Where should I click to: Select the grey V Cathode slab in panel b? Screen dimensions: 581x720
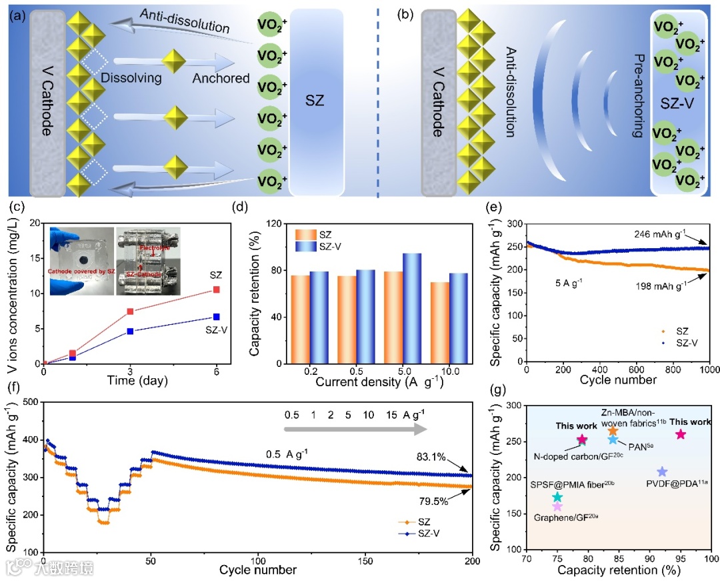(437, 103)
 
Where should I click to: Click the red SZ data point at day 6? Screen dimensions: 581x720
(217, 289)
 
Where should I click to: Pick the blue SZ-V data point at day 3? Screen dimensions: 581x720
(130, 331)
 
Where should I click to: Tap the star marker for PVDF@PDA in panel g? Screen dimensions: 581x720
(662, 472)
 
